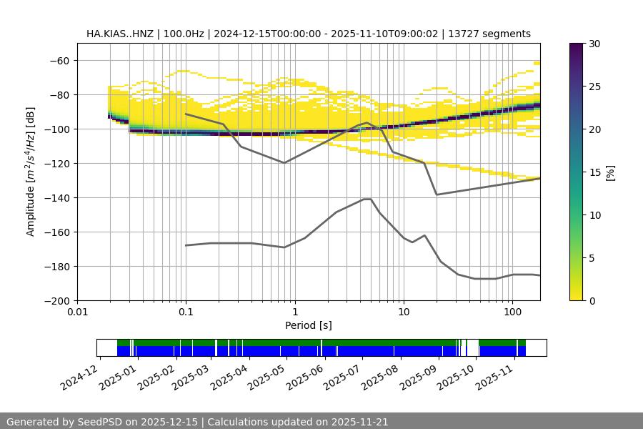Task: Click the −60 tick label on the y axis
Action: pos(59,61)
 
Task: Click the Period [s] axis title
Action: pos(309,326)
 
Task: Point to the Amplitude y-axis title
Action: pos(31,172)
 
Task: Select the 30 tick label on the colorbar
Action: pos(594,44)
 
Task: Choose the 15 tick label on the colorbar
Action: pos(594,172)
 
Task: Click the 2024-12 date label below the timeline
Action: pos(79,377)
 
